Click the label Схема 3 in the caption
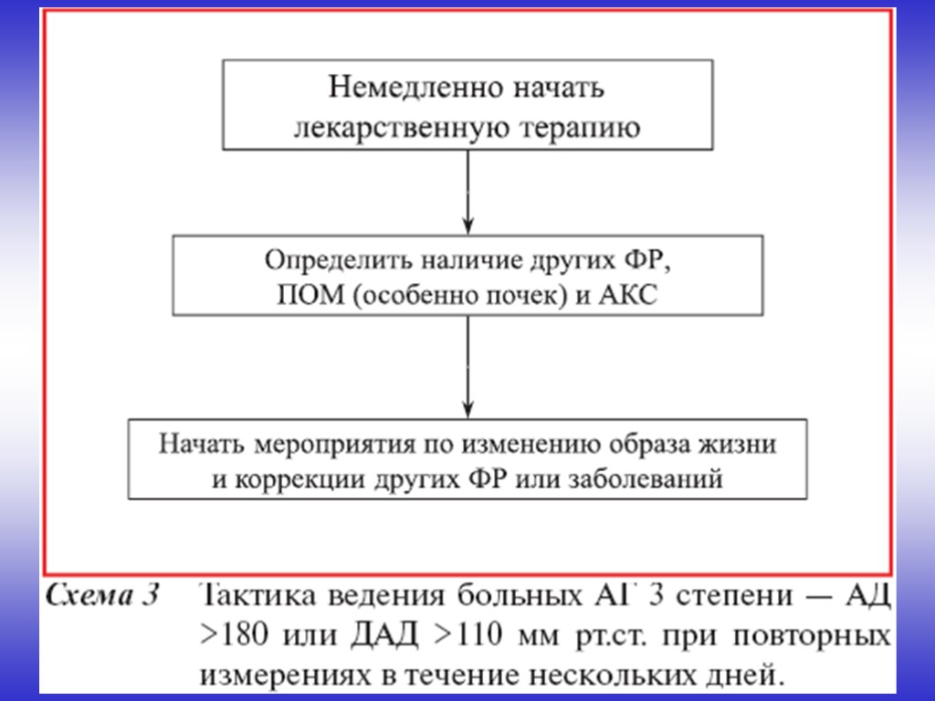pos(101,598)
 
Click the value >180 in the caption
pos(229,637)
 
